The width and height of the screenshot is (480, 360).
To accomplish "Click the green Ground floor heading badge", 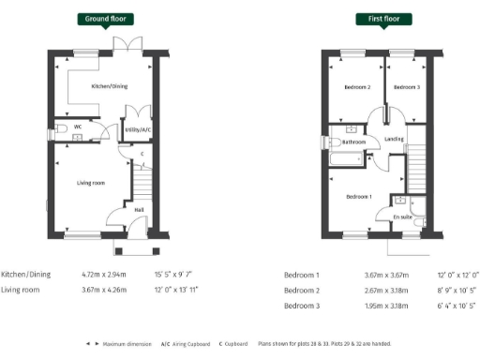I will click(103, 19).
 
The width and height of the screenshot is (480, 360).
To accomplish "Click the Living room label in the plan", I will click(91, 182).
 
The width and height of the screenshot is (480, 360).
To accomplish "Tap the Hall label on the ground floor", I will click(139, 210).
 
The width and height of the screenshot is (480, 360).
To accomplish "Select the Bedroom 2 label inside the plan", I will click(357, 87).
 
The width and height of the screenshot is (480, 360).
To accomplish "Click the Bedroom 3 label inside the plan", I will click(406, 87).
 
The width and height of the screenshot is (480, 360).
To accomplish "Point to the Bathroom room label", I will click(353, 142).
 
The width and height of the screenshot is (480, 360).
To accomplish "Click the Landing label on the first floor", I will click(395, 139).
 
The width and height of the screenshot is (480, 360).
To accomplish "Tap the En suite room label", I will click(402, 217).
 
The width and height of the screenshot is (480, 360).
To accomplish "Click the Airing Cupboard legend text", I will click(189, 343).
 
